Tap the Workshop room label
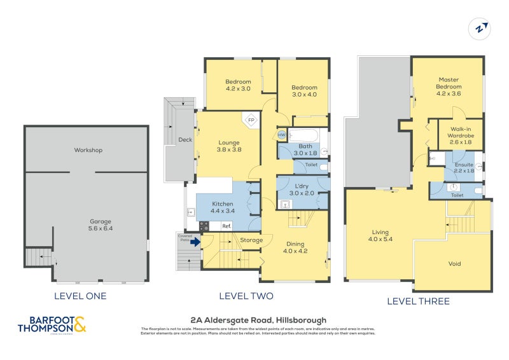pos(88,150)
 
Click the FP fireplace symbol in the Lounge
pos(251,120)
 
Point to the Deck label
pos(185,140)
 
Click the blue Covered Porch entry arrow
pos(195,242)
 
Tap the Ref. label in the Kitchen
pos(226,226)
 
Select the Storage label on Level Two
pos(251,240)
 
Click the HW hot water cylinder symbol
pos(282,135)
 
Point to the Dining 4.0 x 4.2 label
pos(295,247)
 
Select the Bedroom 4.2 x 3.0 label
pos(238,85)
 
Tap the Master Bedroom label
pos(448,87)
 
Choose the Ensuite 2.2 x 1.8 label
pos(463,167)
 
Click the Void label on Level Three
pos(454,263)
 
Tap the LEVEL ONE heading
pos(80,296)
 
